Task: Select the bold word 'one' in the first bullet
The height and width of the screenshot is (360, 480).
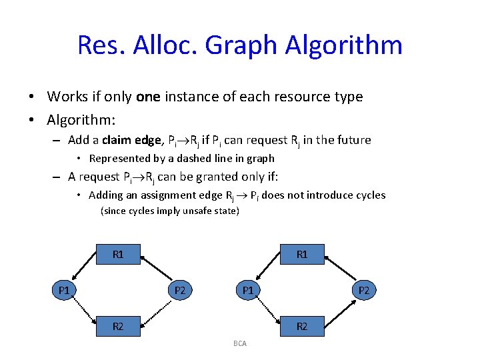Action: [147, 97]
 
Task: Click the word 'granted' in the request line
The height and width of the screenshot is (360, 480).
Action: [221, 177]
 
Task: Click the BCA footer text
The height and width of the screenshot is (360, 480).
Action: [240, 343]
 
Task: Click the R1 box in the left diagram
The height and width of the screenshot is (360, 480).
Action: [118, 254]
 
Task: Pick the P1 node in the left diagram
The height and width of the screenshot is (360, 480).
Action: [64, 290]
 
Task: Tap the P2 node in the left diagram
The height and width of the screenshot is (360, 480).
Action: [179, 290]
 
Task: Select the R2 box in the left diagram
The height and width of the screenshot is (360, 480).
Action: [118, 326]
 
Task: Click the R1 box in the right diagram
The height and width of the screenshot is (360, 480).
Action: [302, 254]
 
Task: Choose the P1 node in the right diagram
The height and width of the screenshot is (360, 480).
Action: [248, 290]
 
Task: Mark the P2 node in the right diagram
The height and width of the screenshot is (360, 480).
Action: [363, 290]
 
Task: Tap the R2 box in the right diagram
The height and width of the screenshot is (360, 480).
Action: [302, 326]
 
